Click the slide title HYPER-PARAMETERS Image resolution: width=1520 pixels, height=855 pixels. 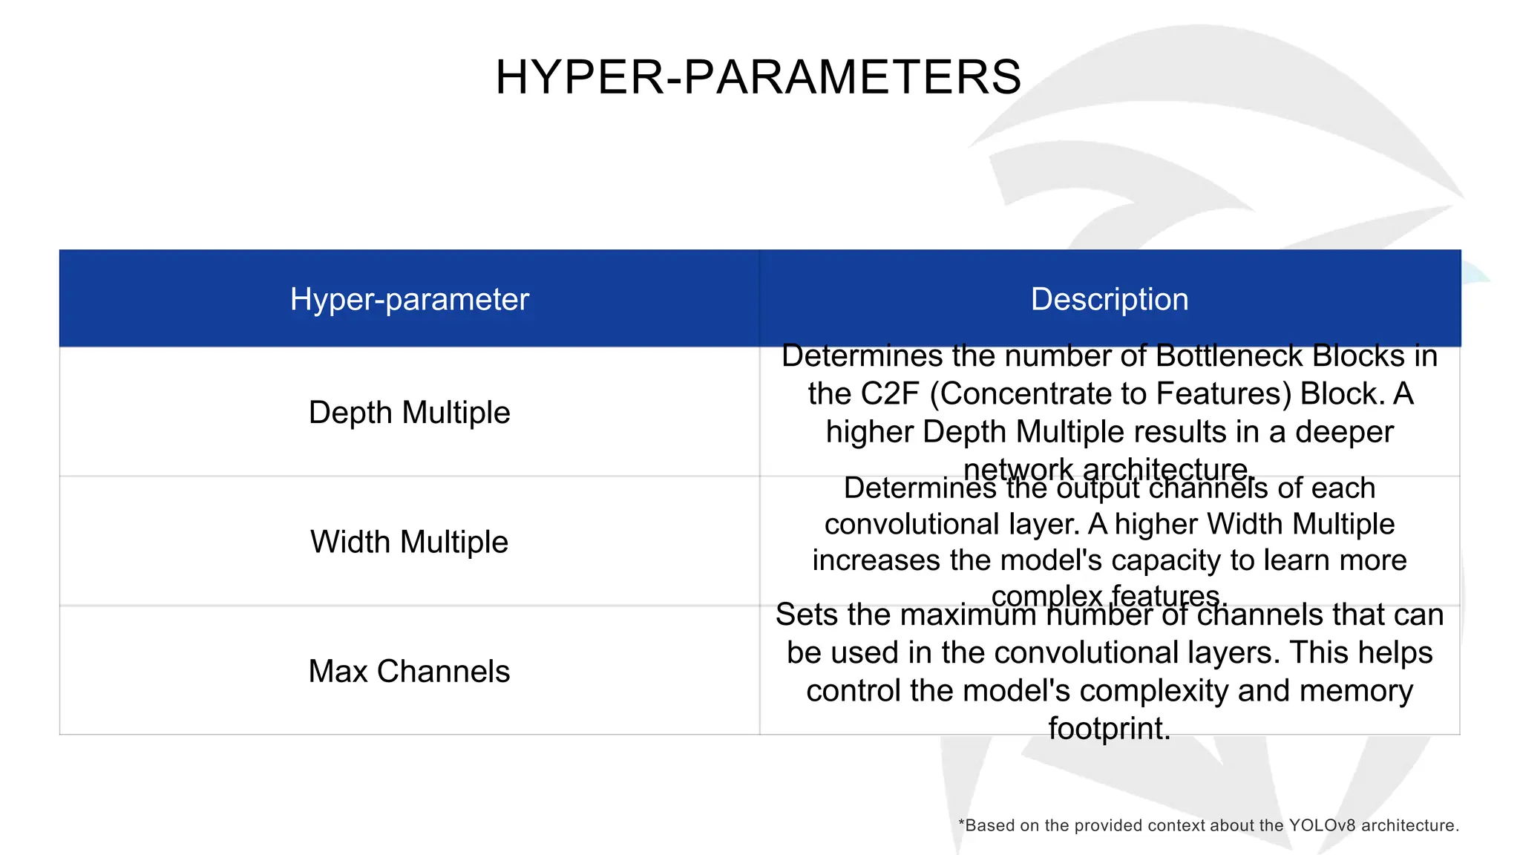click(759, 77)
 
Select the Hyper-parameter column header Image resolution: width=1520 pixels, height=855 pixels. click(409, 299)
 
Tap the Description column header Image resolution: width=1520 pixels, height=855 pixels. click(1109, 299)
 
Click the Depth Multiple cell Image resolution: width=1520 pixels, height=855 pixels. click(409, 412)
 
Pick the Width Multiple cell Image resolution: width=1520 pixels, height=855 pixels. click(409, 542)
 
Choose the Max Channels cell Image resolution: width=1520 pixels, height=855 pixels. click(409, 671)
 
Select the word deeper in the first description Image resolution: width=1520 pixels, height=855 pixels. click(1344, 432)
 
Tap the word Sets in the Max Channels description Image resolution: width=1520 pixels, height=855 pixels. click(807, 615)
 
